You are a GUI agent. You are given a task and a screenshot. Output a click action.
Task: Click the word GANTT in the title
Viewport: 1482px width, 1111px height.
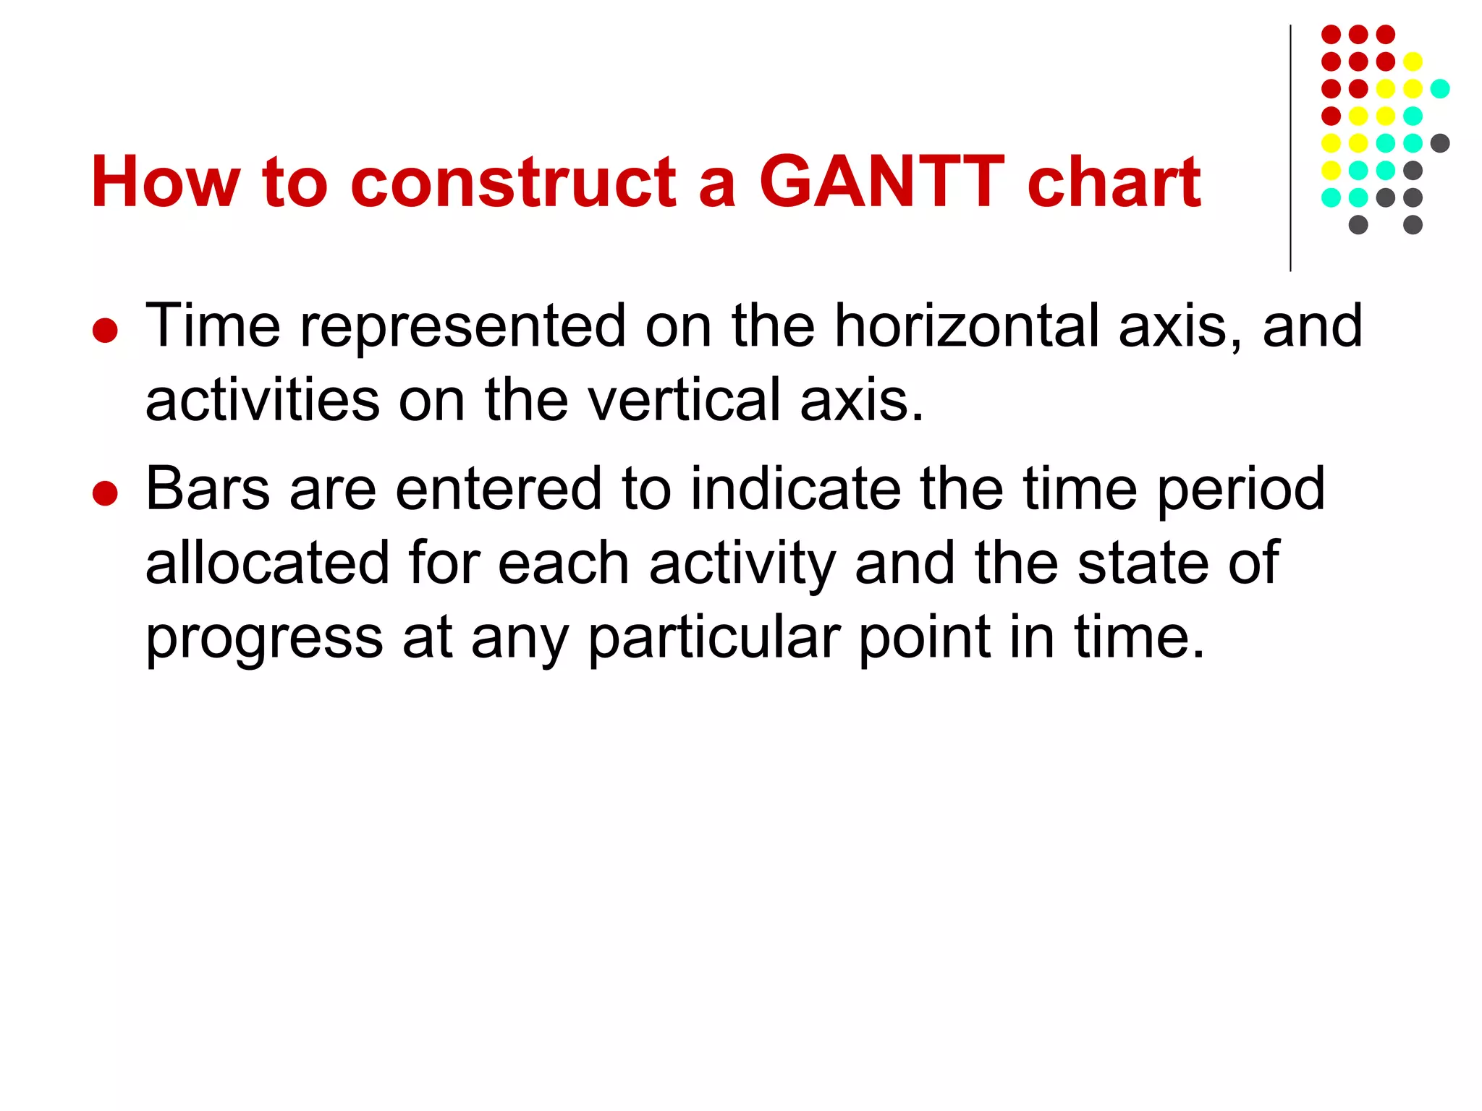[881, 182]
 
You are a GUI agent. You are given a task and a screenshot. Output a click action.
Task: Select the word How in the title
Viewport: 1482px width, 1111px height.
[165, 182]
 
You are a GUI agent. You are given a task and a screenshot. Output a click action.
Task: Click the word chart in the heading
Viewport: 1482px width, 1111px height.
[1114, 182]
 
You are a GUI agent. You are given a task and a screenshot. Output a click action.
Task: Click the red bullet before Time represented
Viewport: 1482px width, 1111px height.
[106, 331]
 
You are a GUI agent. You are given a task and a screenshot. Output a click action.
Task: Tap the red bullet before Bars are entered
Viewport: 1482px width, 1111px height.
[106, 494]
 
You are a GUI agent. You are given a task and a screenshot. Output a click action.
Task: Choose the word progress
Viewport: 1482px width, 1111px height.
[264, 639]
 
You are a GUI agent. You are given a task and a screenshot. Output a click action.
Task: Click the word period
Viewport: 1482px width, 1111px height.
[1241, 490]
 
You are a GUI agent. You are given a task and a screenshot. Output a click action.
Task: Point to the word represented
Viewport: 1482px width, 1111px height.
[462, 326]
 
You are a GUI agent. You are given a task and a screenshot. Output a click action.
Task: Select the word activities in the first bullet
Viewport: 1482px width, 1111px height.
[262, 400]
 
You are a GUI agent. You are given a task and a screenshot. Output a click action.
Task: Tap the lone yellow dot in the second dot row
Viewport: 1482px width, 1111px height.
[1413, 61]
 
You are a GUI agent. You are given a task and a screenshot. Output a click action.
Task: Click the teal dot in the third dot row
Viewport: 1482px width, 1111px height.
[1440, 89]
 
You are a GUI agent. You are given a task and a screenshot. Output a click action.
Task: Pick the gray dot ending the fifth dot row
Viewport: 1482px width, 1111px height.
[1440, 143]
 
